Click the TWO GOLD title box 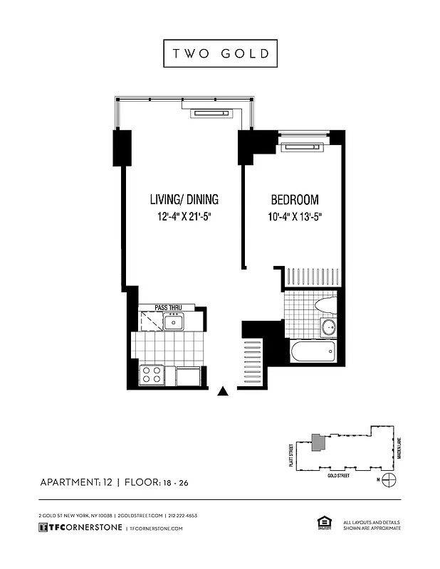(x=219, y=53)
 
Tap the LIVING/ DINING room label (x=184, y=200)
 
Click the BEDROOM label (x=294, y=200)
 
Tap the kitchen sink (x=173, y=322)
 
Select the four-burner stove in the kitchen (x=151, y=374)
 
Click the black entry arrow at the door (x=223, y=390)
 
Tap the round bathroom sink (x=328, y=327)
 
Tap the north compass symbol (x=389, y=479)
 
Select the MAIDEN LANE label (x=400, y=448)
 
